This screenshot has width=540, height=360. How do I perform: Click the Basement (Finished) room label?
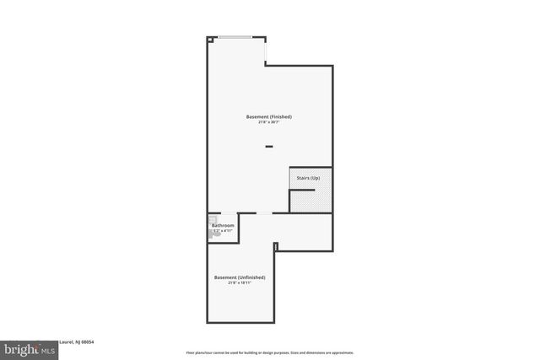269,116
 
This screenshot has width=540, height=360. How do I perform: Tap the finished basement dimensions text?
269,122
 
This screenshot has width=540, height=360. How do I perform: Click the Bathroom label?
223,225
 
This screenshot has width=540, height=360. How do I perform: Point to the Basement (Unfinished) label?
240,277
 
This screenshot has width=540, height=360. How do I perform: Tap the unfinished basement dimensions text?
240,283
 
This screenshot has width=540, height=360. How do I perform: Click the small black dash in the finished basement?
269,147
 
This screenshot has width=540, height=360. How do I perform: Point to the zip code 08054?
86,341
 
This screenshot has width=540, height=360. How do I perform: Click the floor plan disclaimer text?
269,352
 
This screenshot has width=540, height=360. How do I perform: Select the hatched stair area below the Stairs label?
311,201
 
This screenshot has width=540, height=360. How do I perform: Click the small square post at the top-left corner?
209,38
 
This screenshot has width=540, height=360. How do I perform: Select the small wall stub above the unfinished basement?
276,245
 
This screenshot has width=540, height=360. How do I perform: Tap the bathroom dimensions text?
223,231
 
